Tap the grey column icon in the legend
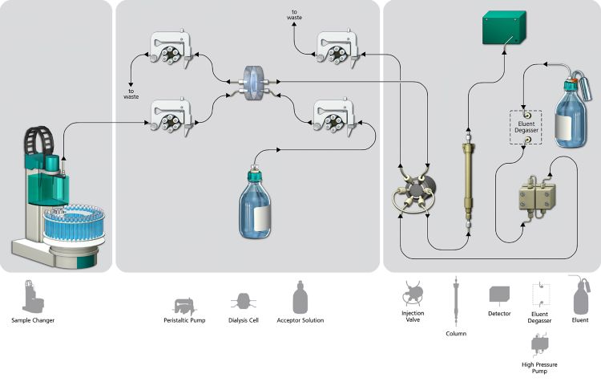[456, 298]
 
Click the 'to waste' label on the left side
[130, 92]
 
